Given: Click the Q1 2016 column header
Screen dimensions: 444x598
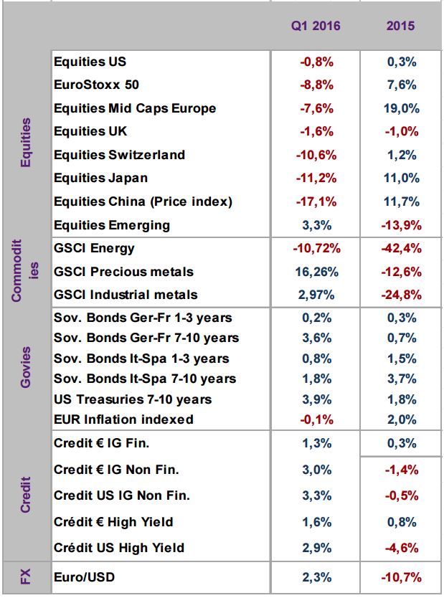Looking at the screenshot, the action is pos(316,26).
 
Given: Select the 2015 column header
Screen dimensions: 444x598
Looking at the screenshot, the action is pos(400,26).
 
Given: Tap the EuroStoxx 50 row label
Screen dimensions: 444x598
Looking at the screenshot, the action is pos(97,85).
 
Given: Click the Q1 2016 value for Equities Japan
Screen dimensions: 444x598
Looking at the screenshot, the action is pos(316,178).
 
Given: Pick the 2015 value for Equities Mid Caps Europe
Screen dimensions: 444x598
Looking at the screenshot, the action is pos(402,108).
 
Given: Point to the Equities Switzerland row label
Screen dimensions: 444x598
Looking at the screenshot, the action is pos(119,155).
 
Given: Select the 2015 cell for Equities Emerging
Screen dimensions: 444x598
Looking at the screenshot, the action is pos(402,225).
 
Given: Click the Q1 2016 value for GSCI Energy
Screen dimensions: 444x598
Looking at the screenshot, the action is pos(316,248).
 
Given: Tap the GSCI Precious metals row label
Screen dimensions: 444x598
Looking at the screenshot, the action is pos(123,272).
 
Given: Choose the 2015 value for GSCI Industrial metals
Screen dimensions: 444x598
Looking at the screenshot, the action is pos(402,295).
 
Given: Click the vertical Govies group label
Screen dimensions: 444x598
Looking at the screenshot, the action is pos(26,367).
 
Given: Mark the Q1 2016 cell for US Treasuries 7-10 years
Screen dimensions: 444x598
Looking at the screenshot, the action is pos(316,399).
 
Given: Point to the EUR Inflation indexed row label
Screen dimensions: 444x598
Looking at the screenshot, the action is pos(123,419).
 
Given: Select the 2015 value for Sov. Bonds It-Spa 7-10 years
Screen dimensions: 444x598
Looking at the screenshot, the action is pos(402,379).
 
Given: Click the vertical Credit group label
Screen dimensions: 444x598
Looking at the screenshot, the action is pos(26,495).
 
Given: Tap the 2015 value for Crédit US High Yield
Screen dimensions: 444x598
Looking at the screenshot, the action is pos(402,548).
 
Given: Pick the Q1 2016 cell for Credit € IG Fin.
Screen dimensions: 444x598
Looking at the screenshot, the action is pos(316,443).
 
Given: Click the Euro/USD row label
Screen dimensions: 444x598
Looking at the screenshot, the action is pos(85,577).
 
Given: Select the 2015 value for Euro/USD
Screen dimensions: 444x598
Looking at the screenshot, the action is pos(402,577).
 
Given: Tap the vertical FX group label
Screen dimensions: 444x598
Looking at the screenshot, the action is pos(26,576).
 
